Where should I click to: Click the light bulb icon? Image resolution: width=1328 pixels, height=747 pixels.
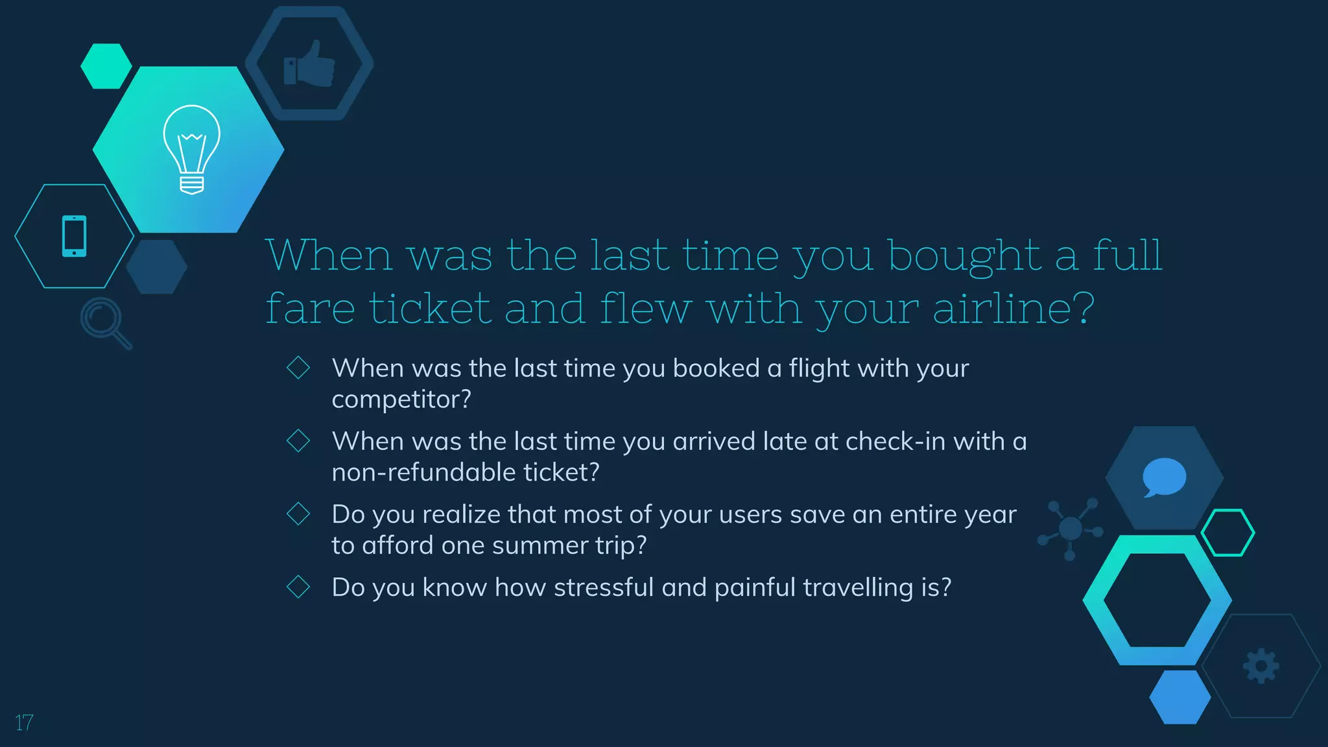(191, 150)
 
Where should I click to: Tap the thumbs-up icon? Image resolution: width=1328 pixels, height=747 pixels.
(309, 64)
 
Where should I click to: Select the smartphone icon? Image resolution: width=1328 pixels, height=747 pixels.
(74, 236)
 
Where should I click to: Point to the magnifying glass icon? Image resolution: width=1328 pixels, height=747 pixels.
(106, 323)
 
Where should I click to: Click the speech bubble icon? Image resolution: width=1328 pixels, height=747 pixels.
(1164, 477)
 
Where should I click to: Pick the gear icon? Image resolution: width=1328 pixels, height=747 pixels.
(1261, 665)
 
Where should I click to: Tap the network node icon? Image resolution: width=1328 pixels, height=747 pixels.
(1071, 529)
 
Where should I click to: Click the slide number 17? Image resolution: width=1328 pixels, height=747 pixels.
(24, 722)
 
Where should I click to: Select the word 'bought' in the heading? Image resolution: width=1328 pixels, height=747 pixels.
(964, 256)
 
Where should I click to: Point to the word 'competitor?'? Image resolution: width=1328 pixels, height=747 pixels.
(401, 399)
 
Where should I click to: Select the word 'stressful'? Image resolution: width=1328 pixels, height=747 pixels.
(604, 587)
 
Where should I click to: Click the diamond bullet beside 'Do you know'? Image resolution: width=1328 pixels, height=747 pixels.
(298, 587)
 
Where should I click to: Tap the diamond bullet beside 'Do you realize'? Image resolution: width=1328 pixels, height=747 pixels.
(298, 514)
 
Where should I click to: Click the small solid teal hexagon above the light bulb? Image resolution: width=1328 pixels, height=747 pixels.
(106, 65)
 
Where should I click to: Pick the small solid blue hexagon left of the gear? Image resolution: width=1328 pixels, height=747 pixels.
(1180, 697)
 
